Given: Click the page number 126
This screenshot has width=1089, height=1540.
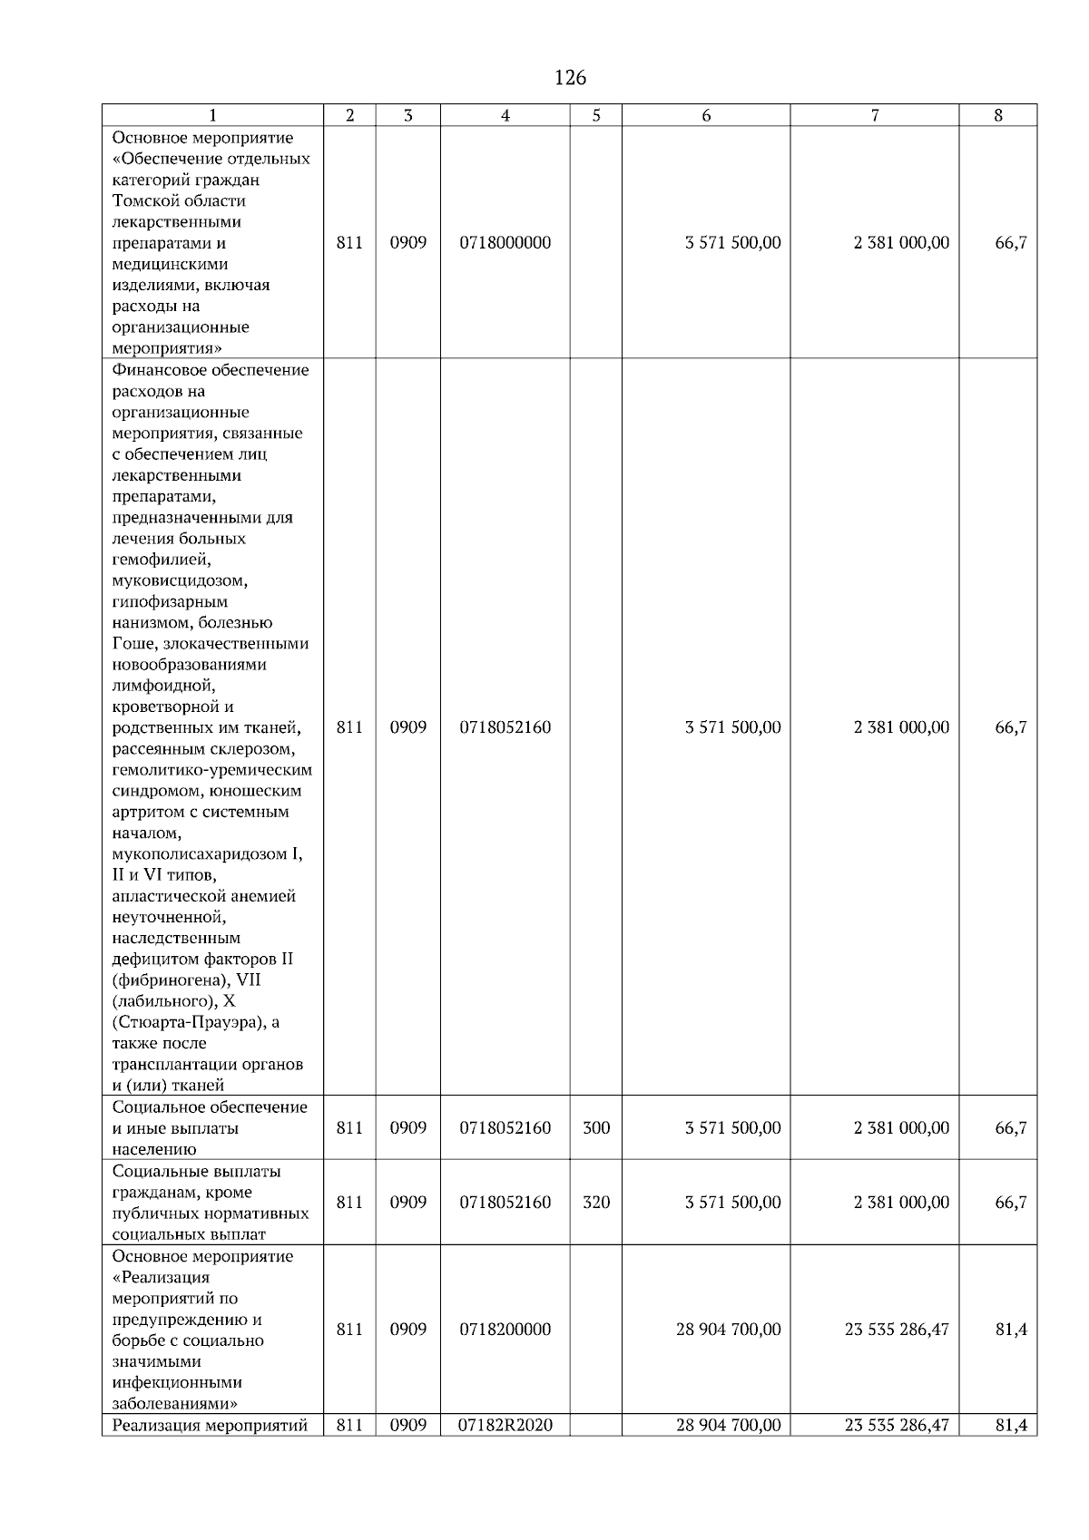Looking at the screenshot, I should (x=570, y=78).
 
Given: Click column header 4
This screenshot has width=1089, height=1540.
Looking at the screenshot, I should (x=505, y=115).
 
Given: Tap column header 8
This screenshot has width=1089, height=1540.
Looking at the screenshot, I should (x=998, y=115).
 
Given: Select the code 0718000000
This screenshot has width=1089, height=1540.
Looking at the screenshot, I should (x=505, y=243).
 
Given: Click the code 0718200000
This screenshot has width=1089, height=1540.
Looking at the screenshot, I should (x=505, y=1330).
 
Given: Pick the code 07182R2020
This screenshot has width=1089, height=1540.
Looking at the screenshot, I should (x=505, y=1426).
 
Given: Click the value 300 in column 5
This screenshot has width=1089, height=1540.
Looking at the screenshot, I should (x=596, y=1128).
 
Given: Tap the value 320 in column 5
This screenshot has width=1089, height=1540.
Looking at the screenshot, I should (x=596, y=1203).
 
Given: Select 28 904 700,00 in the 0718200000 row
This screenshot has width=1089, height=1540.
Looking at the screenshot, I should (x=728, y=1330).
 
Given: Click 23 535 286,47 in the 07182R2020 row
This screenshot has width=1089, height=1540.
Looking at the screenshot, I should (x=897, y=1426).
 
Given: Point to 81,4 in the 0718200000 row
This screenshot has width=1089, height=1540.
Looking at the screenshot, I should (x=1011, y=1330).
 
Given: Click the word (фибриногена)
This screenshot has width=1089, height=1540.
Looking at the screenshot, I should (x=171, y=980).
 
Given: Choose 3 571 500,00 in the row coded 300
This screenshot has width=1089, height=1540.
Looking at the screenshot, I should (x=733, y=1128).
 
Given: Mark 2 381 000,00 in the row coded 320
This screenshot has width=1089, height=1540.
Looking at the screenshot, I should (x=901, y=1203).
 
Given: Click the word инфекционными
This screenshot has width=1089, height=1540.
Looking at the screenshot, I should (x=177, y=1383).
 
